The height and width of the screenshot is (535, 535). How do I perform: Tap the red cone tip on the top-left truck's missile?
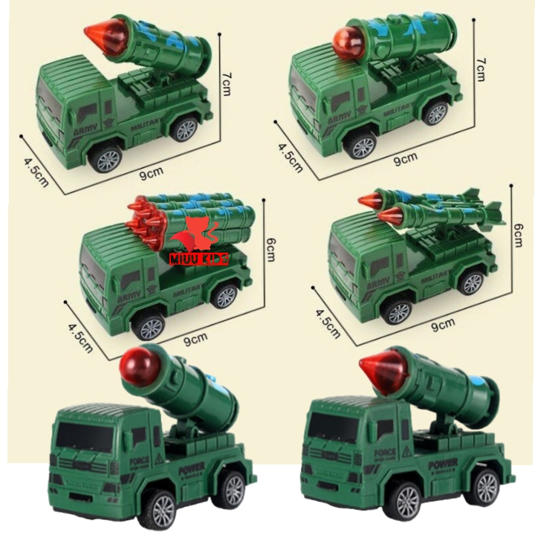[99, 32]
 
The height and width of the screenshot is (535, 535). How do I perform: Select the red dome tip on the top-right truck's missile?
[346, 36]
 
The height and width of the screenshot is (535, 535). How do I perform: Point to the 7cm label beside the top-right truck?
[481, 68]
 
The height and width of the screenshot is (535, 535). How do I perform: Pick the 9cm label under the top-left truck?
[152, 172]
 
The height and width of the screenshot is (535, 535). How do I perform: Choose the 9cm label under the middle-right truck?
[442, 324]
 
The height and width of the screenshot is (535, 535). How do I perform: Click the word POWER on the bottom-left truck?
[192, 470]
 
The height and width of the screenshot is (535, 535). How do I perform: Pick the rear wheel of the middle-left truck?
[224, 296]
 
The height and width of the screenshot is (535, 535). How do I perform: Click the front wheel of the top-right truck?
[362, 145]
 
